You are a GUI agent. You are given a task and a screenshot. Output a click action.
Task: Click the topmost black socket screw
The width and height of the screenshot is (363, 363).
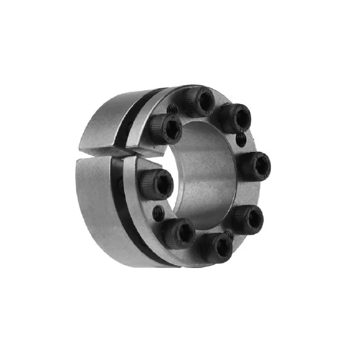coord(198,101)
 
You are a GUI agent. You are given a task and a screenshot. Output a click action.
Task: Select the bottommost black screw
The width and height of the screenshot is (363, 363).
coord(217,246)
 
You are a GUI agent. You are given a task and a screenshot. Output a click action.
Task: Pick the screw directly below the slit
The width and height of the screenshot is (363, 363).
coord(157,183)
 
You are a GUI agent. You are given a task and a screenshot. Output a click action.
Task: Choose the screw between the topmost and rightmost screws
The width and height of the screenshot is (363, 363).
coord(235,117)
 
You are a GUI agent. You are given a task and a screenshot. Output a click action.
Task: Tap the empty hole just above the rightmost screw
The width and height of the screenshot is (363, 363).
coord(241,140)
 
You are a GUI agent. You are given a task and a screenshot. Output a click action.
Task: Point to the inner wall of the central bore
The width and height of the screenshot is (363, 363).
coord(206,181)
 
